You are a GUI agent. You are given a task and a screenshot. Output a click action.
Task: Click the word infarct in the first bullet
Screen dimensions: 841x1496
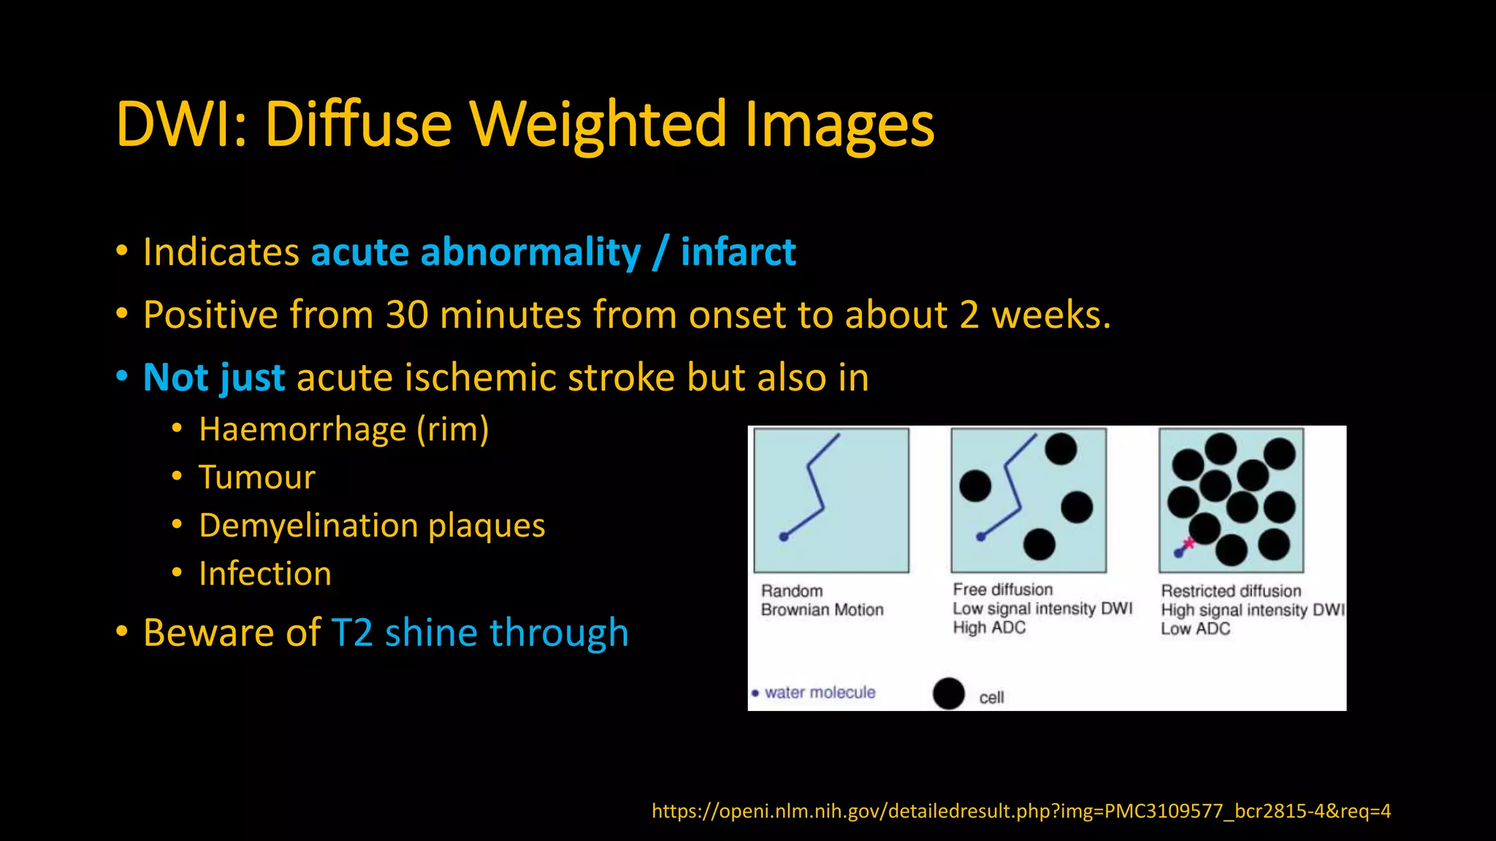click(738, 252)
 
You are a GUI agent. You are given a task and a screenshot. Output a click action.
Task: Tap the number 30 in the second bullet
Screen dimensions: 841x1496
click(407, 315)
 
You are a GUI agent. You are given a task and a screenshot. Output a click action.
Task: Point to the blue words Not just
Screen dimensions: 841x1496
click(214, 377)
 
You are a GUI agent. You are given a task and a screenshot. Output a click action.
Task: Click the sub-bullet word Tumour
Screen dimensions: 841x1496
click(257, 477)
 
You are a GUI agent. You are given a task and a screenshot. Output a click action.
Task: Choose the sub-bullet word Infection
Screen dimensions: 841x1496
click(265, 574)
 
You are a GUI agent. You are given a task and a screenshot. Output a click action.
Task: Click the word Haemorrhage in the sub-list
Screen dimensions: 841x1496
click(302, 429)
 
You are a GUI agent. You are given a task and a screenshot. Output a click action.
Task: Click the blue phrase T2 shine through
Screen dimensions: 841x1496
click(480, 632)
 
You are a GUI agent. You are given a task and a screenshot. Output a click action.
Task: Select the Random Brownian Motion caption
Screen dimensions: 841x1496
click(821, 600)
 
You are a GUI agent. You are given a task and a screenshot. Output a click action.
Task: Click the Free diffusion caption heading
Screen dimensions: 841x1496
click(1002, 589)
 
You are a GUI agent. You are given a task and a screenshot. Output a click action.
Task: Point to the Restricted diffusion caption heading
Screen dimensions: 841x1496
click(1231, 591)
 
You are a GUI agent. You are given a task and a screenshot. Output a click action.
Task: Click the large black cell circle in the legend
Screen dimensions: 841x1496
click(949, 693)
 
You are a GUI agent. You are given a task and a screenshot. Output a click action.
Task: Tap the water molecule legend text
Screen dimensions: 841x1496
click(820, 692)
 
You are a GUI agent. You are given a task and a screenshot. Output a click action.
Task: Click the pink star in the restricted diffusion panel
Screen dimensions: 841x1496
click(1188, 543)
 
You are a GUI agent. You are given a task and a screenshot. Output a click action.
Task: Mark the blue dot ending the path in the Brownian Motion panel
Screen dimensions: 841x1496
click(784, 537)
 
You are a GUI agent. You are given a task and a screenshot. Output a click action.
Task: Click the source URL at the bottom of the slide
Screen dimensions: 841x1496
click(1020, 810)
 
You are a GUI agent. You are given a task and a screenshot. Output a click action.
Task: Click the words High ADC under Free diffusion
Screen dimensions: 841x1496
click(989, 628)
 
